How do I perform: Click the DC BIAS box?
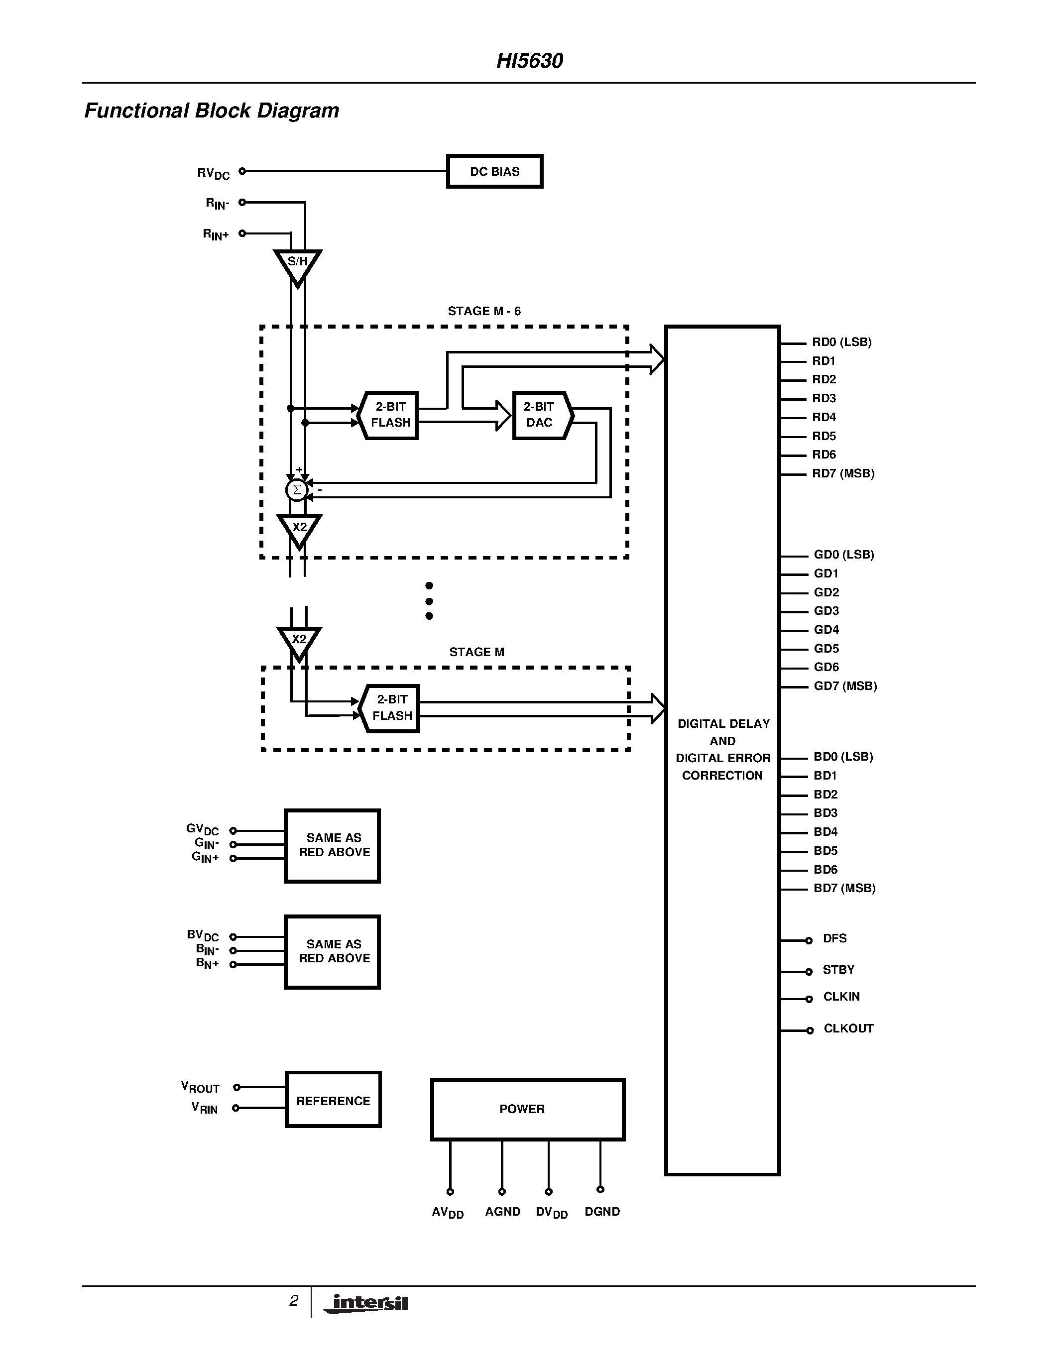point(494,171)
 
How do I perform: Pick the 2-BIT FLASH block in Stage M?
point(391,708)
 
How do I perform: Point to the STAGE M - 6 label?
point(484,311)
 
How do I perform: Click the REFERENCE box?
point(333,1101)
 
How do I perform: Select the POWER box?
point(527,1109)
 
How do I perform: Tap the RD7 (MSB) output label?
point(842,473)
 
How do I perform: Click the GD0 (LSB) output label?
point(843,555)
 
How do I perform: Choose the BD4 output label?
point(825,832)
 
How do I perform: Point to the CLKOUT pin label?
point(847,1028)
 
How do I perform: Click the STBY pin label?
point(838,970)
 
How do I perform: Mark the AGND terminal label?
point(502,1212)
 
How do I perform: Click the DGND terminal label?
point(602,1212)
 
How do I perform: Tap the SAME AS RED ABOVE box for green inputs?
point(332,846)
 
